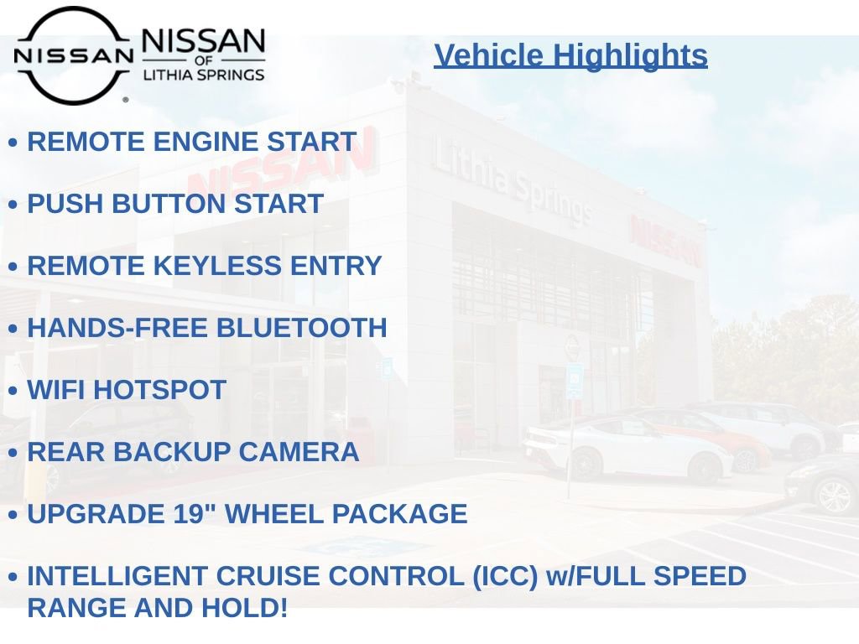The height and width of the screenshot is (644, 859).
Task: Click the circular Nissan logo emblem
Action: [x=73, y=55]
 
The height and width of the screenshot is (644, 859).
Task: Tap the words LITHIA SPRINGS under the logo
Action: [x=204, y=75]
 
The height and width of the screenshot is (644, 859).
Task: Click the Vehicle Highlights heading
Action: [x=570, y=55]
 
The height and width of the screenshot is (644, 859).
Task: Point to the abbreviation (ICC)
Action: [x=505, y=576]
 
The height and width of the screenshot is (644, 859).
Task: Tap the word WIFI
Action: [x=56, y=390]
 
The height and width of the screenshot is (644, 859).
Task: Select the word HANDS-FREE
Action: [x=117, y=328]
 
